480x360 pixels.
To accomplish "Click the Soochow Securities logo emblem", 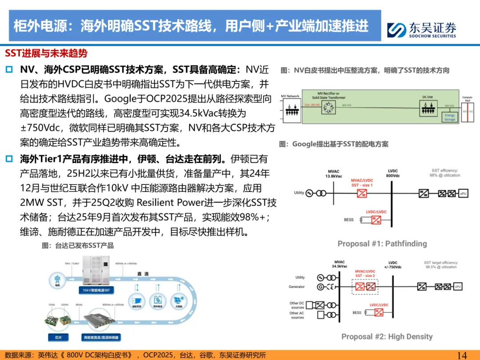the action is (x=396, y=30).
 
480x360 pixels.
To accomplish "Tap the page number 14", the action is (x=462, y=354).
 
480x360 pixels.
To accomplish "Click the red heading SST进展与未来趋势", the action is (x=46, y=54).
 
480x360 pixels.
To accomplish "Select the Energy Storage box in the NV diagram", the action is (x=450, y=117).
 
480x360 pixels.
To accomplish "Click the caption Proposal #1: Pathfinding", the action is (x=382, y=244).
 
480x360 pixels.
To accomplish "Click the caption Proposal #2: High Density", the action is (x=387, y=336).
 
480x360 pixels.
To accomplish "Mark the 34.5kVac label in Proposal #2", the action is (x=339, y=267).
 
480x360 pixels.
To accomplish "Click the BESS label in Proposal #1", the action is (x=348, y=220).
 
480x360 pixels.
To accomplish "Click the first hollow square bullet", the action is (x=9, y=70).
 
